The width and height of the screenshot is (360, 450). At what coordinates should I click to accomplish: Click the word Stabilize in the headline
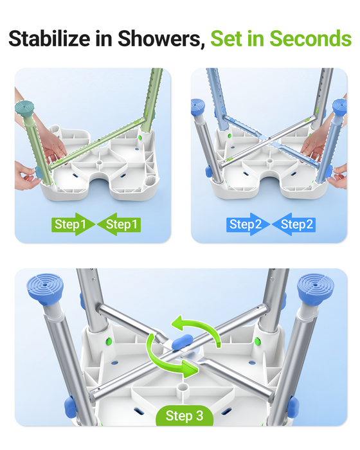[51, 39]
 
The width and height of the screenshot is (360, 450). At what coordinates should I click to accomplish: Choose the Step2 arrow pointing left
[294, 224]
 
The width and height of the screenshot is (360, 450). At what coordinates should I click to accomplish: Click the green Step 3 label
[184, 416]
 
